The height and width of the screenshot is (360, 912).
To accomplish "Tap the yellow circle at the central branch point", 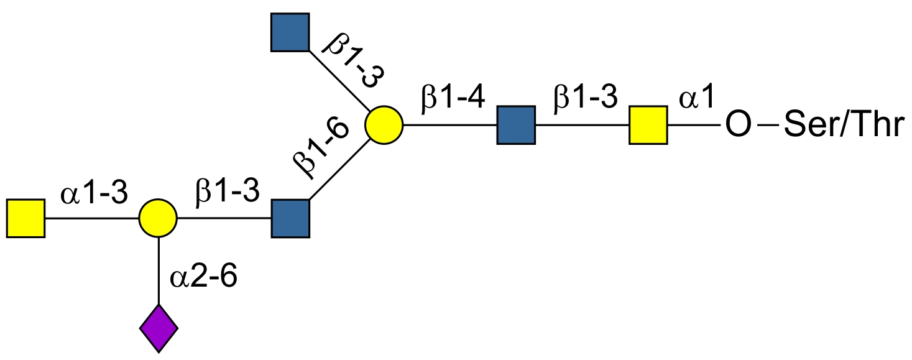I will [384, 125].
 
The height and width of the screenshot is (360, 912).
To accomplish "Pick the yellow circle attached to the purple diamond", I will [158, 218].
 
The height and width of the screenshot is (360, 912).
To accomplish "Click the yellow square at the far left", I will [25, 218].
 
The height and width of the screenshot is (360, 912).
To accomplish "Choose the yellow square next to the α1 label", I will [648, 125].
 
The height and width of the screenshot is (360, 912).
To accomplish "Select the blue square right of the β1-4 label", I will [516, 125].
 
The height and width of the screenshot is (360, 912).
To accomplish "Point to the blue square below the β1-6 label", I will [290, 218].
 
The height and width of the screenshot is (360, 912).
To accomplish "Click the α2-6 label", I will [203, 277].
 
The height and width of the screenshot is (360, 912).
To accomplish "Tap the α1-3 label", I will [94, 195].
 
